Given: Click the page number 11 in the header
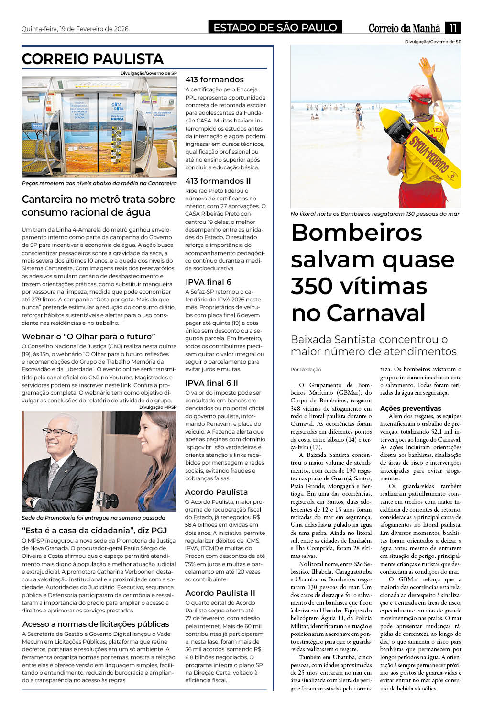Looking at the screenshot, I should click(452, 28).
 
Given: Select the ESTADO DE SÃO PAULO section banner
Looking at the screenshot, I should click(275, 28).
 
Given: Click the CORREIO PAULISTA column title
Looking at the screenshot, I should click(93, 59).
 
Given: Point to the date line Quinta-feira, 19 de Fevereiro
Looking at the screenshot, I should click(75, 29).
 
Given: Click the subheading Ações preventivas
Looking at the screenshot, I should click(410, 408).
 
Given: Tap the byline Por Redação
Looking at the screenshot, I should click(306, 369).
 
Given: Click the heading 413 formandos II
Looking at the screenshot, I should click(218, 181).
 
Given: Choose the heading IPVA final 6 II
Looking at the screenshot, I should click(211, 383).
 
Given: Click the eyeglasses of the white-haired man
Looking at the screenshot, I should click(57, 432).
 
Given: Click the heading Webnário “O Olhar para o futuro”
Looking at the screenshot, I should click(88, 336).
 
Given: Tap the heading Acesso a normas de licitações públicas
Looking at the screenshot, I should click(96, 624).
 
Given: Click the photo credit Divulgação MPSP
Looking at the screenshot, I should click(158, 407).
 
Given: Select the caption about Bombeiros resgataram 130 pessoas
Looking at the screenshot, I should click(375, 214).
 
